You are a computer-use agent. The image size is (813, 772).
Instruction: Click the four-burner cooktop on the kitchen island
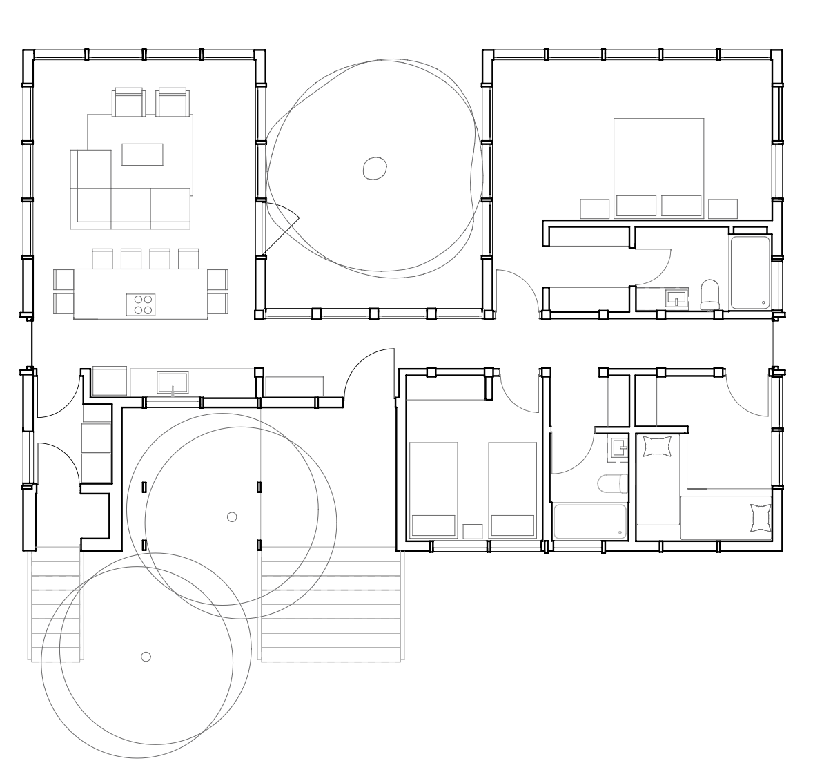(140, 305)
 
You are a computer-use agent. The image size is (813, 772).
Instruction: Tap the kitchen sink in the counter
(172, 382)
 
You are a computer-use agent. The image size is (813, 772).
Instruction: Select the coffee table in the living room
(142, 154)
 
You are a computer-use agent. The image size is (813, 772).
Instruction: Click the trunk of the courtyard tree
(374, 168)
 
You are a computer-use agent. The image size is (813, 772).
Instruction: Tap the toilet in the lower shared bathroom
(613, 483)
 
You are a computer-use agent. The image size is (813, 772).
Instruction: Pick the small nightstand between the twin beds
(472, 531)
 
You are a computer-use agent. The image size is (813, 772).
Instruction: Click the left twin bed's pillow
(433, 525)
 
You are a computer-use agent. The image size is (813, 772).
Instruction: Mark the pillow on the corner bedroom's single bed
(760, 519)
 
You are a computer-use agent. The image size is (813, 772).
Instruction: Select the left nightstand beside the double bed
(594, 209)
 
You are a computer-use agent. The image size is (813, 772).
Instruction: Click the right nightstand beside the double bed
(723, 209)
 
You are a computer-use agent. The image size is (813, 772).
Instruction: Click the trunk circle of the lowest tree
(146, 656)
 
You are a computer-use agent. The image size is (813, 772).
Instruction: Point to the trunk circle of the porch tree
(232, 517)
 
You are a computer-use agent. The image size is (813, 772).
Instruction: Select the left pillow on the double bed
(636, 206)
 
